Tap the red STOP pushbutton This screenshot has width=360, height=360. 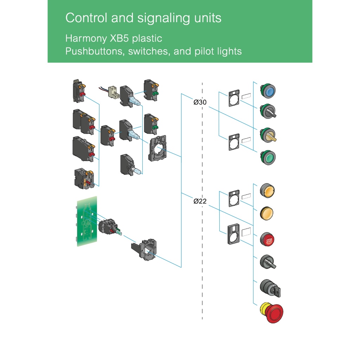click(x=268, y=240)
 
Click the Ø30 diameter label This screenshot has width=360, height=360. click(x=200, y=102)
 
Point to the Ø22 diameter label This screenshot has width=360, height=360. click(x=200, y=201)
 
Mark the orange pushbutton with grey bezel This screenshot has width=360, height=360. click(x=268, y=191)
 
